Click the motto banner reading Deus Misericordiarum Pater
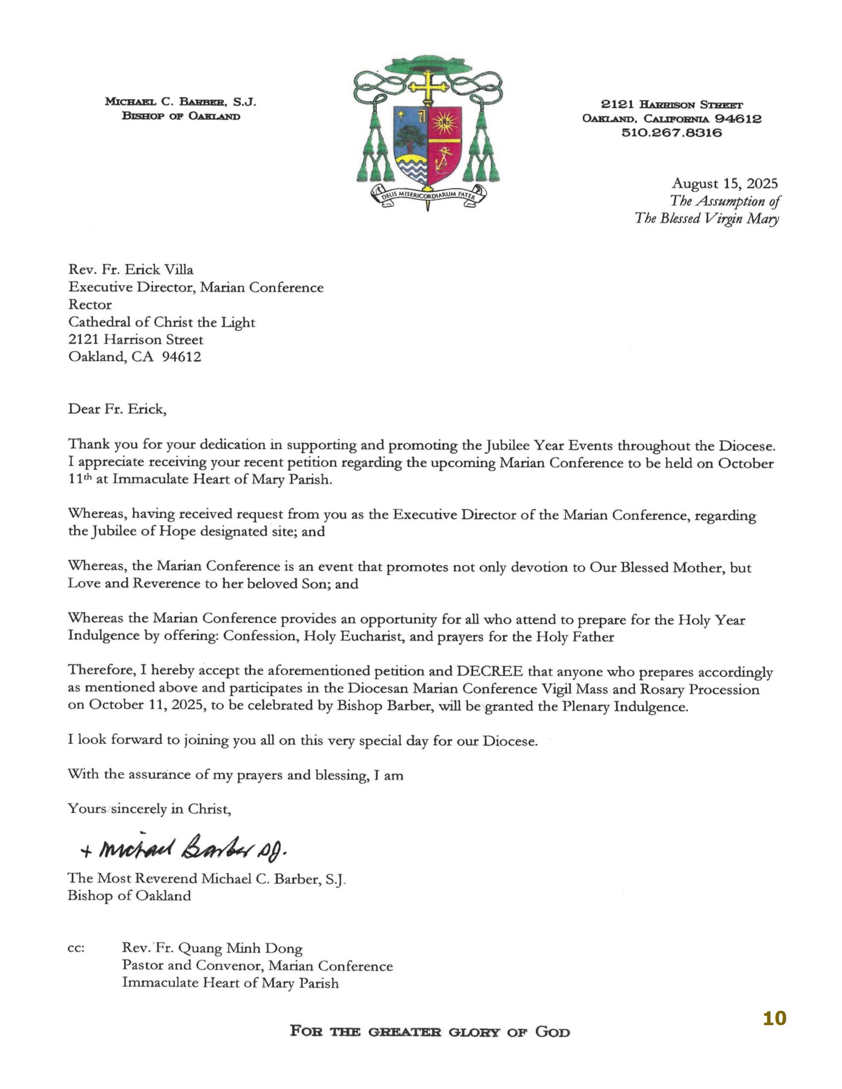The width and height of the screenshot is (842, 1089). click(428, 196)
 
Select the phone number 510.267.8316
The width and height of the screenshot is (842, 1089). click(672, 133)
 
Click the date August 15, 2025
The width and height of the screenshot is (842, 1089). click(724, 184)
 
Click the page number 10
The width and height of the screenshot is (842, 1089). click(774, 1018)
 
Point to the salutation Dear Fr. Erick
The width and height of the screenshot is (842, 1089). click(117, 409)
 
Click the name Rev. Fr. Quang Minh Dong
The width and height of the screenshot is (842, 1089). click(212, 948)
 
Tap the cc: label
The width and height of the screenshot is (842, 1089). click(76, 948)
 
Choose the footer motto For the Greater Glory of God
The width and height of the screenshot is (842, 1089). click(429, 1031)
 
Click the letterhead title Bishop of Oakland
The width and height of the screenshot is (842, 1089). click(181, 116)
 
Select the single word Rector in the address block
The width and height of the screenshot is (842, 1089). click(90, 304)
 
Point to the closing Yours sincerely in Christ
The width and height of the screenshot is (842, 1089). click(149, 808)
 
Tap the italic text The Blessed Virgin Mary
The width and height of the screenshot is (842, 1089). click(706, 218)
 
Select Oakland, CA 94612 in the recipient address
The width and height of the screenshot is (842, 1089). click(135, 357)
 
